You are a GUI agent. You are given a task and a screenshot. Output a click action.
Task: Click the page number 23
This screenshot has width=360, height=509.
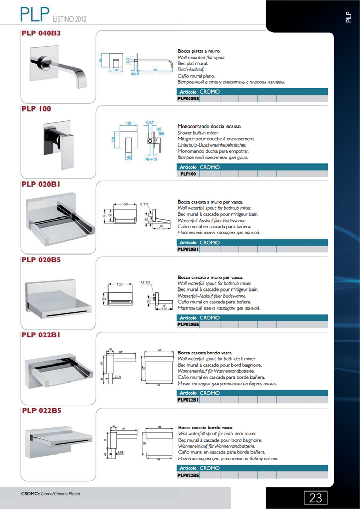point(316,498)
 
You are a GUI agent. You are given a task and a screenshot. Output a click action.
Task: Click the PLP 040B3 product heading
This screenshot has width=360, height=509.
point(41,33)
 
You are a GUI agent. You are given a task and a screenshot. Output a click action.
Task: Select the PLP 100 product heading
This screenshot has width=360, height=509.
point(36,109)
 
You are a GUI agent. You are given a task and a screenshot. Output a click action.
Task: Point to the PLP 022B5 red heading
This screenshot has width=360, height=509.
point(41,411)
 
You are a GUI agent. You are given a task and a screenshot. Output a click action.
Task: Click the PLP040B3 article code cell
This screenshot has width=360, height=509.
point(188,98)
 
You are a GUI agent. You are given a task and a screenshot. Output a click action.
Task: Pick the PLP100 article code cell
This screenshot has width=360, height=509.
point(188,174)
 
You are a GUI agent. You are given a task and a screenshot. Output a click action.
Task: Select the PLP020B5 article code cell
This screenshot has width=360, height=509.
point(188,325)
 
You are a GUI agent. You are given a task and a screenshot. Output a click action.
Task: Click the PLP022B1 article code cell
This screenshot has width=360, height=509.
point(188,400)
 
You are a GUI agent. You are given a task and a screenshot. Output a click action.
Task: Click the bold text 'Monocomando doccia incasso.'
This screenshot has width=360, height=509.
point(209,126)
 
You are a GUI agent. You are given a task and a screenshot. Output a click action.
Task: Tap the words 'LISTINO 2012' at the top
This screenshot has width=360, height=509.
point(69,20)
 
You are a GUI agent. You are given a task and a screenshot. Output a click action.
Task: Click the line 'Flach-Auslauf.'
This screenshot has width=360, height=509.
point(191,69)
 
